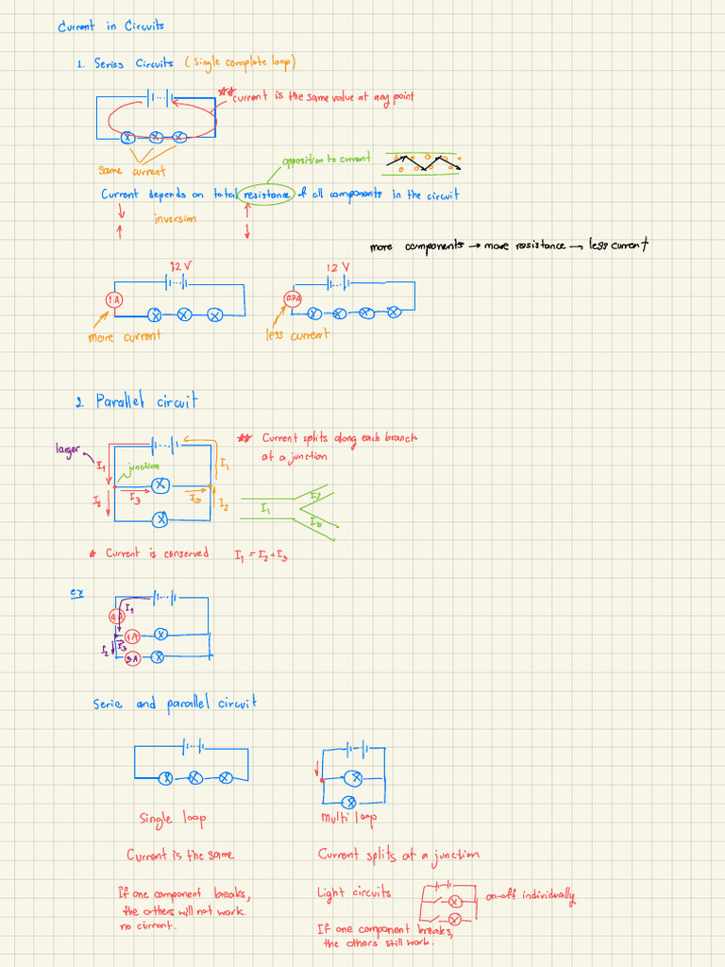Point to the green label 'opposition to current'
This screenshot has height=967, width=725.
click(x=326, y=160)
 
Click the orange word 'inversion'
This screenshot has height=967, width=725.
click(x=177, y=218)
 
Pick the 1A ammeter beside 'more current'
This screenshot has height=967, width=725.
click(x=113, y=300)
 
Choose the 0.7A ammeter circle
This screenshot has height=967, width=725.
click(x=293, y=299)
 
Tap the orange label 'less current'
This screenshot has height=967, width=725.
click(x=297, y=334)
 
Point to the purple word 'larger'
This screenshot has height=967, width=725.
click(x=68, y=449)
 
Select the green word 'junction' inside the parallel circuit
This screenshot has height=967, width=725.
click(x=143, y=466)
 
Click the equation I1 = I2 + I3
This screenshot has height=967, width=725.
click(x=261, y=555)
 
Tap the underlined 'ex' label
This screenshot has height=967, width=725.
click(x=76, y=592)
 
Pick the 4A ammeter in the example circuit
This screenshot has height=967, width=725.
click(x=115, y=617)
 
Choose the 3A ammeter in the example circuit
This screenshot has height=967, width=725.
click(x=132, y=658)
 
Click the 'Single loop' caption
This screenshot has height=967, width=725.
click(x=173, y=818)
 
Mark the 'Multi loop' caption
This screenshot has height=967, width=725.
click(x=348, y=818)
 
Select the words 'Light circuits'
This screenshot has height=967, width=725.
click(x=353, y=892)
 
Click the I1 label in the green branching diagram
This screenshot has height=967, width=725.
click(x=265, y=509)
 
